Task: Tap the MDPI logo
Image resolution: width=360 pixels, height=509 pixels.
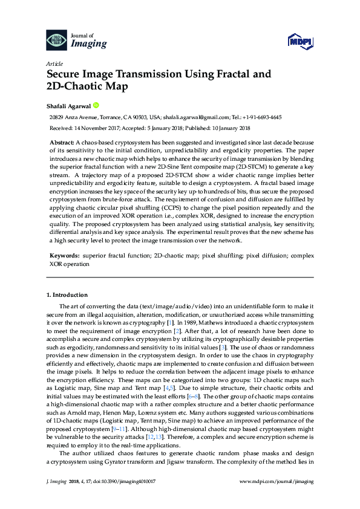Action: point(300,41)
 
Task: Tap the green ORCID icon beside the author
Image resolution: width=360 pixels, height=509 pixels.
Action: point(96,105)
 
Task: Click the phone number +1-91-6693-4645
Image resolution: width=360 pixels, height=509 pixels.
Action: point(261,118)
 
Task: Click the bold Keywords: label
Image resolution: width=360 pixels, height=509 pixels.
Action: point(64,255)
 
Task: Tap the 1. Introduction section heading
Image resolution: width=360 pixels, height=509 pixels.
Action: point(67,294)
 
